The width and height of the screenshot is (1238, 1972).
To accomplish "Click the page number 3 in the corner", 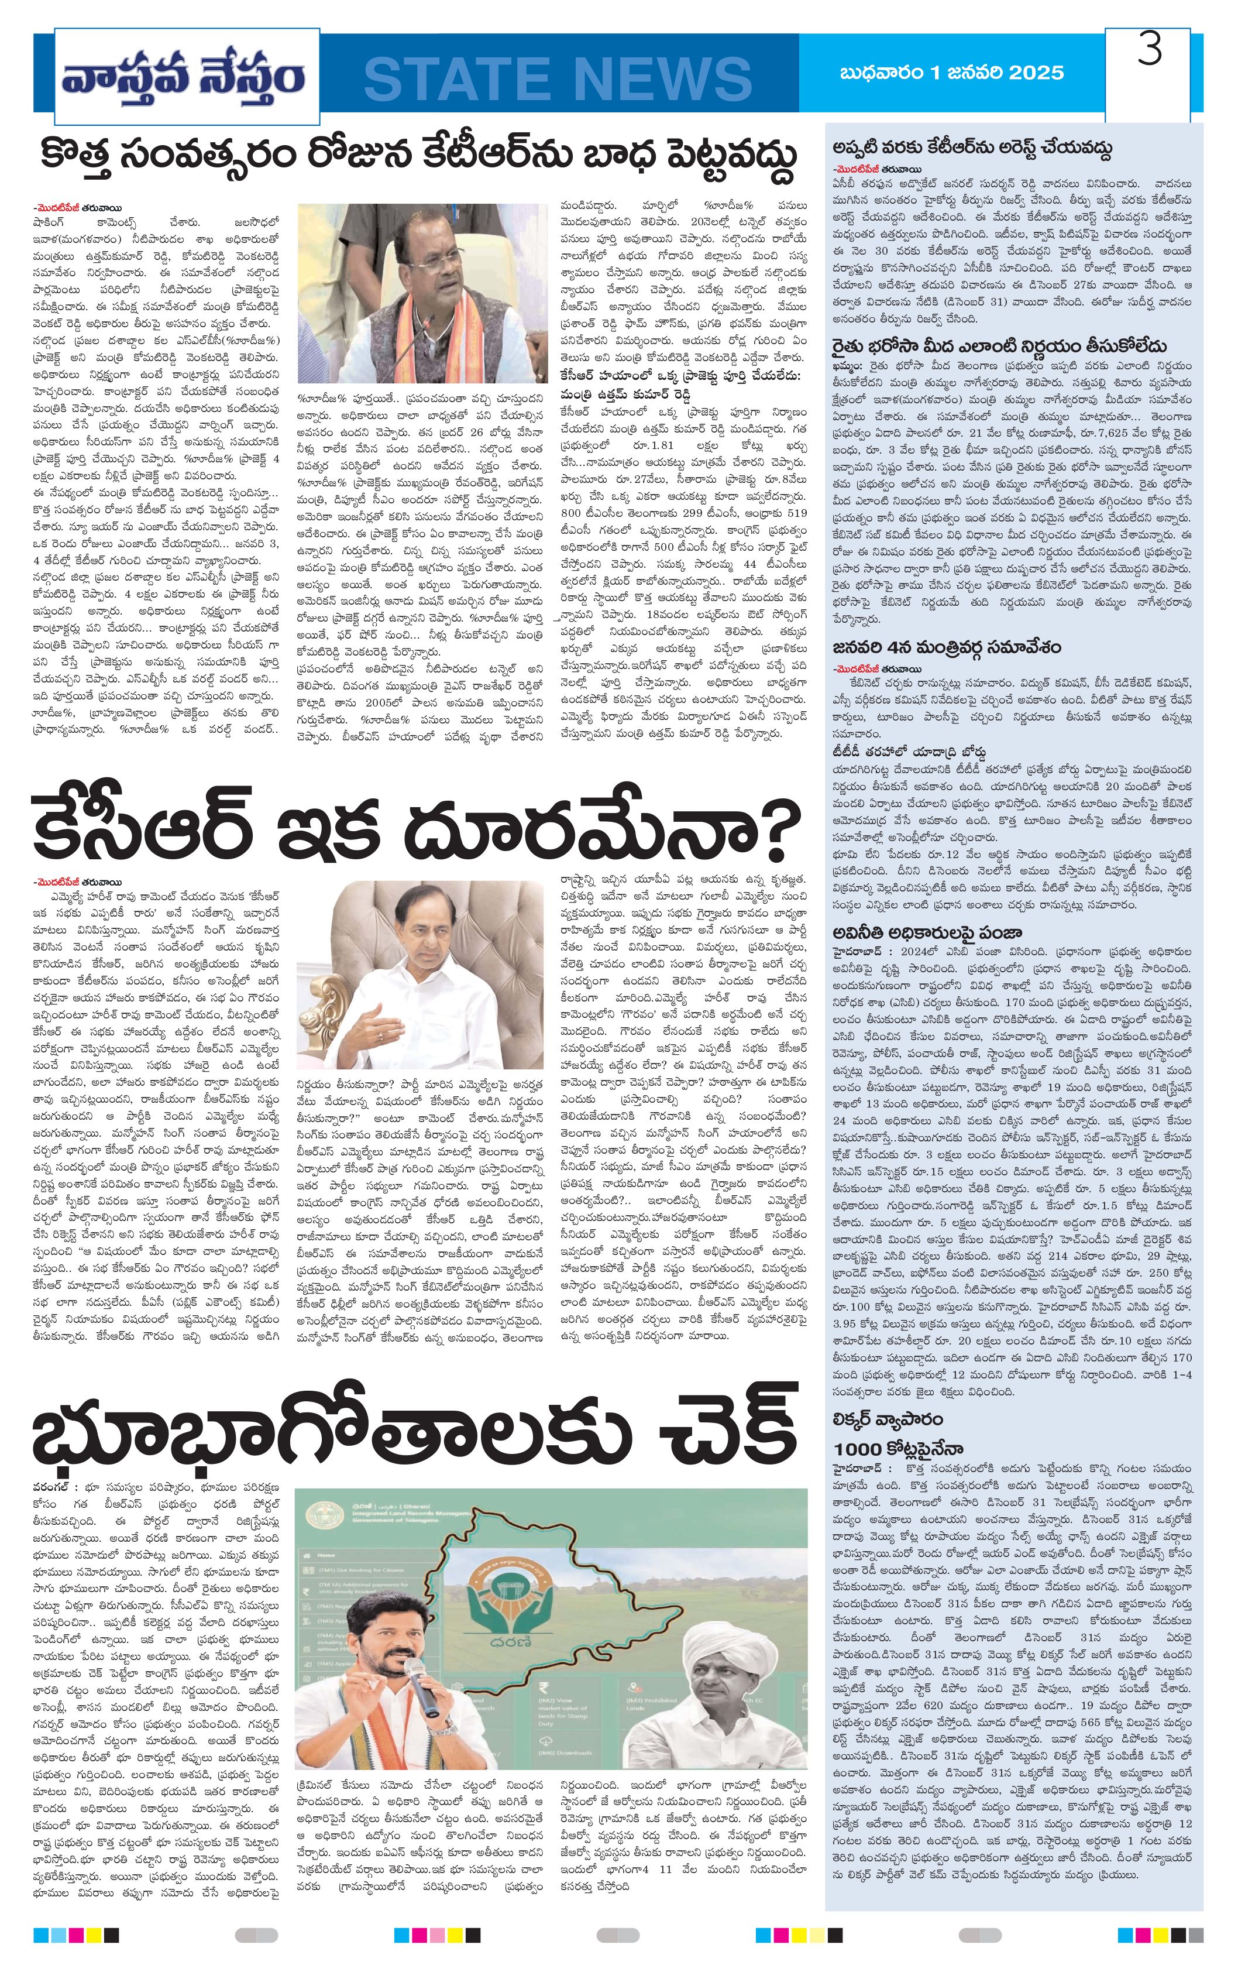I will click(x=1150, y=52).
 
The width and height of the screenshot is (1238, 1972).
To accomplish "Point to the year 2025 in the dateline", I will click(x=1036, y=73).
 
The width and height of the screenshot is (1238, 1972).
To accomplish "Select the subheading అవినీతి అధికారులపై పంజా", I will click(x=928, y=933).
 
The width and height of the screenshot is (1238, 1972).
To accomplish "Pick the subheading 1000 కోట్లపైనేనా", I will click(x=898, y=1449).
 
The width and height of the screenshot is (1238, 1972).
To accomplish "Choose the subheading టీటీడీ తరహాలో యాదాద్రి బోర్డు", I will click(x=909, y=751).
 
